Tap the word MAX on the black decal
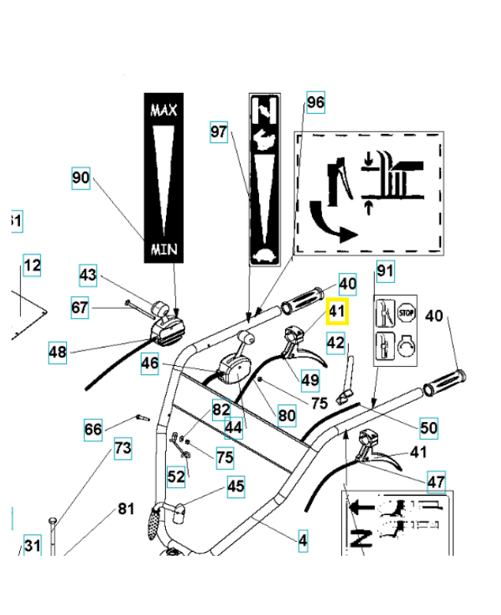click(x=163, y=111)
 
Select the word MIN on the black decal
click(x=163, y=249)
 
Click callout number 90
click(x=81, y=178)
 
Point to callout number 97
click(x=219, y=132)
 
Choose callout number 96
click(x=315, y=102)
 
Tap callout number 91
click(x=384, y=271)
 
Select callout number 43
click(x=88, y=274)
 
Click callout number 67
click(x=81, y=307)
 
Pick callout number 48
click(x=58, y=352)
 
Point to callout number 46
click(x=150, y=363)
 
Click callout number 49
click(x=310, y=378)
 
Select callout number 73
click(x=123, y=448)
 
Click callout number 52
click(x=176, y=477)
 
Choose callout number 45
click(x=235, y=486)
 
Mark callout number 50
click(x=428, y=427)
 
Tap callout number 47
click(x=436, y=483)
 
